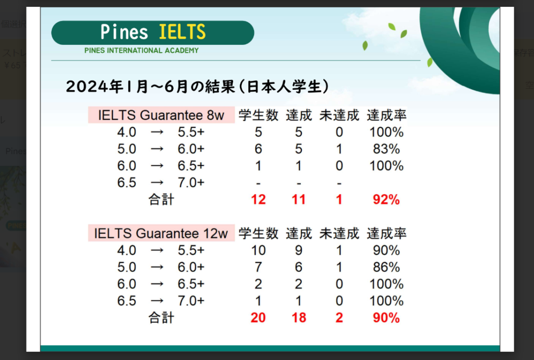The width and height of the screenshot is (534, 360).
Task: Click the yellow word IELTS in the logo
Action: click(x=182, y=32)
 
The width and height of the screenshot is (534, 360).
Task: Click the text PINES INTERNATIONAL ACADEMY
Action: click(x=141, y=51)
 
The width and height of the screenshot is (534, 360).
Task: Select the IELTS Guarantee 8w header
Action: click(x=161, y=115)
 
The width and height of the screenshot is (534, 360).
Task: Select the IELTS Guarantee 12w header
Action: click(x=161, y=233)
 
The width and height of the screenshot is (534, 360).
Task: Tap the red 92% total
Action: click(x=386, y=200)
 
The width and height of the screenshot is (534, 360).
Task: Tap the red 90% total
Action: click(x=386, y=317)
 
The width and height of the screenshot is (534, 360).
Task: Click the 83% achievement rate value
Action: click(x=386, y=149)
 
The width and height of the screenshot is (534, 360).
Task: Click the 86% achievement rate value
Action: click(x=386, y=267)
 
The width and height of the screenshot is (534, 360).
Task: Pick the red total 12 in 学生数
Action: click(x=258, y=200)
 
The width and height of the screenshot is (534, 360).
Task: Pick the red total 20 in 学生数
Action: click(x=258, y=317)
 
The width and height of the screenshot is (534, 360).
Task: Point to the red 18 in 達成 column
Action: click(x=299, y=317)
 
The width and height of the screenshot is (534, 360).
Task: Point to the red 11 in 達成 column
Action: click(x=299, y=200)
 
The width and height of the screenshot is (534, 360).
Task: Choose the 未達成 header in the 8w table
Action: click(x=339, y=115)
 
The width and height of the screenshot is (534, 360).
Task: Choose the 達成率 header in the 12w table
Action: click(x=386, y=233)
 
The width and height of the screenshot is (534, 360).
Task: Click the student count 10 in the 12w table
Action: click(x=258, y=250)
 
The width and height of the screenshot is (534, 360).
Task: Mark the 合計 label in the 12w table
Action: click(x=161, y=318)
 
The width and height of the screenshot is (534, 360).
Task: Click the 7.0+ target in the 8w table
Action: click(x=191, y=183)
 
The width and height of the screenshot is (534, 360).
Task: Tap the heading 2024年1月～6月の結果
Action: click(x=151, y=87)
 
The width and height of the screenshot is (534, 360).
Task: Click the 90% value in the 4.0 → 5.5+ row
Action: click(x=386, y=250)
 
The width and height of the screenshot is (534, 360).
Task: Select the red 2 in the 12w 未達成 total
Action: click(x=339, y=317)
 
